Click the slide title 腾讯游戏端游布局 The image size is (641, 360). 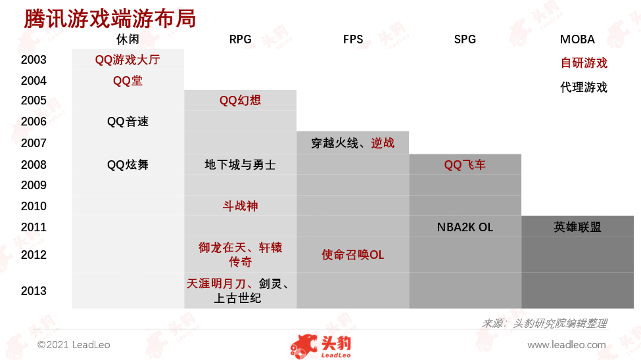coord(110,19)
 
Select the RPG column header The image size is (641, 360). coord(240,39)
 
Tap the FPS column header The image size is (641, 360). coord(353,39)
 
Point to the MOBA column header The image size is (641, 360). coord(577,39)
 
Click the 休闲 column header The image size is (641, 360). coord(128,39)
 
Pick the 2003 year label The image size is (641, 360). coord(34,60)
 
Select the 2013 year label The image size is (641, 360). coord(34,291)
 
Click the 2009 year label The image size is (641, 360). coord(34,185)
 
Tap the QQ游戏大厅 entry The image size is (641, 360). coord(128,60)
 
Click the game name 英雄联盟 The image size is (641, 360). coord(577,227)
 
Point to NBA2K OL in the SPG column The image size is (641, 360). coord(465,227)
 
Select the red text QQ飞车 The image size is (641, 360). coord(465,165)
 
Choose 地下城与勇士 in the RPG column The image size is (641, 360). coord(240,165)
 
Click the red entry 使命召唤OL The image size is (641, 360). coord(353,255)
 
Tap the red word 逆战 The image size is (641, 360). coord(383,143)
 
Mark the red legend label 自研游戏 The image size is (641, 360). coord(584,63)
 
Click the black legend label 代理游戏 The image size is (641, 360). coord(584,87)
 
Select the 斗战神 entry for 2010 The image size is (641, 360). coord(240,206)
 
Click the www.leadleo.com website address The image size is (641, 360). coord(567,345)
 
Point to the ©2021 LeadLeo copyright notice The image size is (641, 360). coord(74,345)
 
